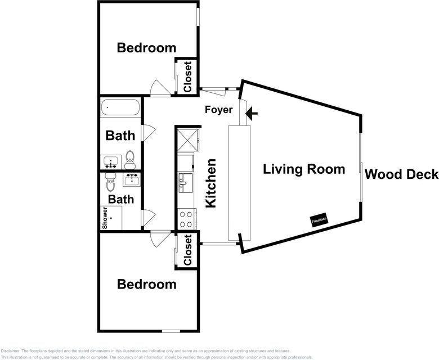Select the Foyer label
point(218,110)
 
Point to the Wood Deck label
point(401,174)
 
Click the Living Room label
point(304,169)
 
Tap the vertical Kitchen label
point(211,183)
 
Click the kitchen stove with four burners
point(186,218)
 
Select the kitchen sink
point(185,182)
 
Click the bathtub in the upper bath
point(120,107)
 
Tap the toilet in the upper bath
point(130,159)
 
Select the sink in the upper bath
point(110,163)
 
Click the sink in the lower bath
point(132,180)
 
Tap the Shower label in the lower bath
point(105,218)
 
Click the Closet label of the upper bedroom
point(187,76)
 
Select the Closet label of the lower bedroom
point(187,250)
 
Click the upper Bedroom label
point(146,48)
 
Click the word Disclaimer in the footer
point(11,350)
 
